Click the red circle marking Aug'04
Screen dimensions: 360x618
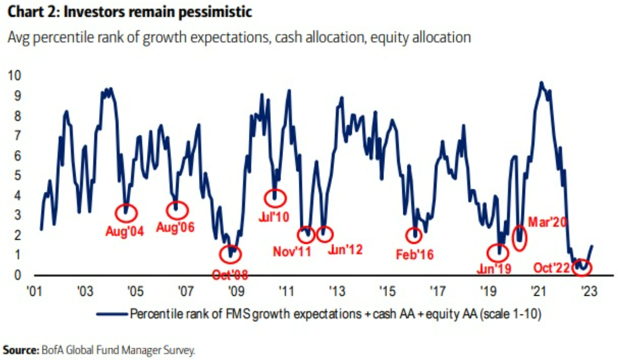126,213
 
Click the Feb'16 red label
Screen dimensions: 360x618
415,254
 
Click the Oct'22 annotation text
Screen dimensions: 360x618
553,268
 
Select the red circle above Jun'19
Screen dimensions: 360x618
498,253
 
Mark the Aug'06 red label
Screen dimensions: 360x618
175,227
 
